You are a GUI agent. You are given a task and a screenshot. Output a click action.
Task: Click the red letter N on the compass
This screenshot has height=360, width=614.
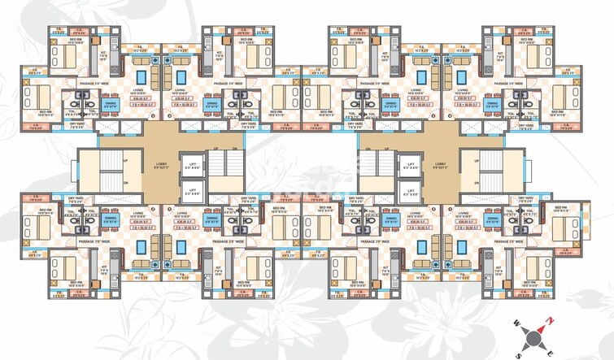pos(550,320)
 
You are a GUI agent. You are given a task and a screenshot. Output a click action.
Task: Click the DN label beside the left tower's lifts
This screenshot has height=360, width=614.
pos(236,150)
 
